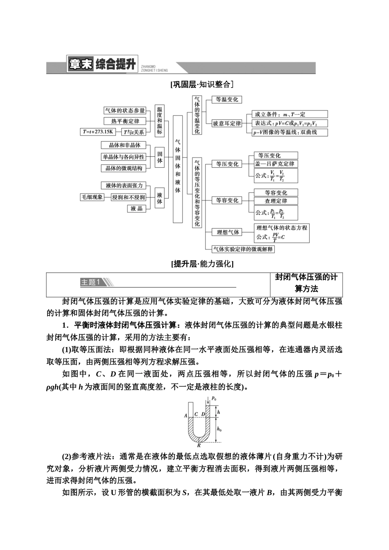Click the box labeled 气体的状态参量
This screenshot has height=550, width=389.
[x=125, y=111]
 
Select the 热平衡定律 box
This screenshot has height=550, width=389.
[x=125, y=121]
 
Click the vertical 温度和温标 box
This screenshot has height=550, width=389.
[x=159, y=121]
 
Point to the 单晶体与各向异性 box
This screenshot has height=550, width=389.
[x=123, y=157]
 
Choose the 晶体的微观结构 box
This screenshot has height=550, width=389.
[x=124, y=168]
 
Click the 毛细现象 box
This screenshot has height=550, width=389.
[x=92, y=197]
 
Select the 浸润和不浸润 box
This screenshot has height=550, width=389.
[x=128, y=197]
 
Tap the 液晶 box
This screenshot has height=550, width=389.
[x=137, y=209]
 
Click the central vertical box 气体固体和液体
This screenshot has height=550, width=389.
[x=177, y=169]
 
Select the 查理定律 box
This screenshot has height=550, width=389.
[x=276, y=201]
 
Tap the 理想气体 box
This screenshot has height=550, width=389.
[x=228, y=232]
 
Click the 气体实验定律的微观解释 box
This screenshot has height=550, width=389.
[x=243, y=249]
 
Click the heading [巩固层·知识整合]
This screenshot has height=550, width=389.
[x=202, y=84]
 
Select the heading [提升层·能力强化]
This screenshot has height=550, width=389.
[x=202, y=264]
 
